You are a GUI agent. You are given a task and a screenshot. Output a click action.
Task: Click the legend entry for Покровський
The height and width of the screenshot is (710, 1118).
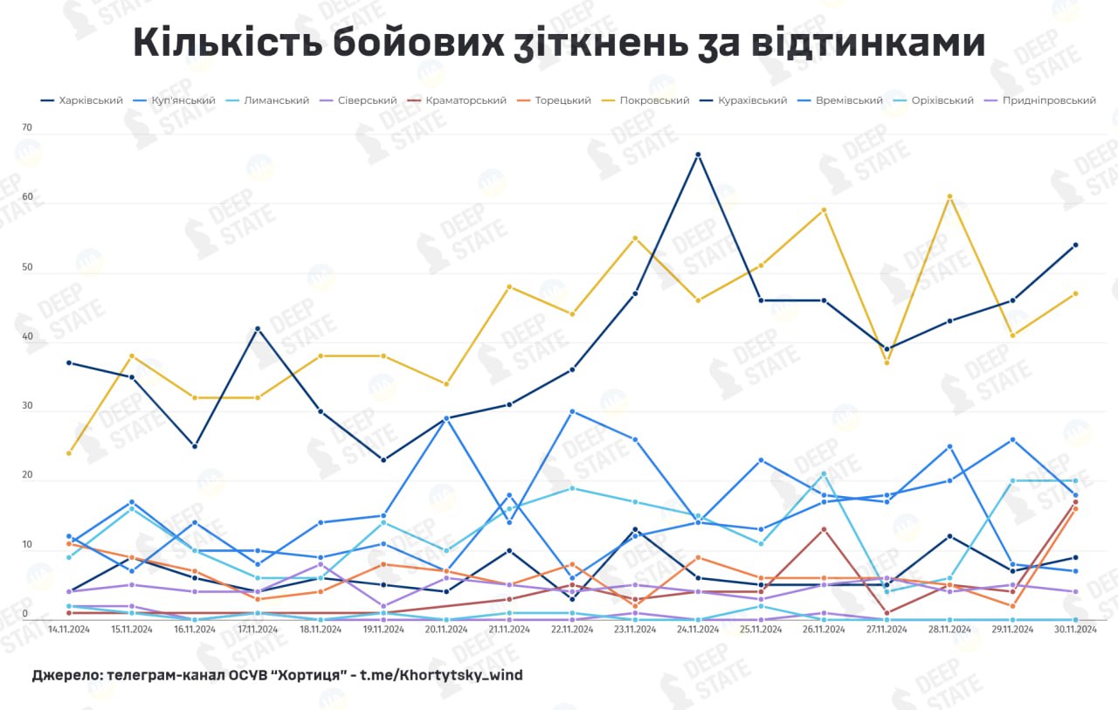tap(653, 100)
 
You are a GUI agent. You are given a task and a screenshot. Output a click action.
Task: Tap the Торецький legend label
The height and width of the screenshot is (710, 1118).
tap(562, 100)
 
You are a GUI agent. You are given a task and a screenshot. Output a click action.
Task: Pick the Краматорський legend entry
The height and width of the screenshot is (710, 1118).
tap(466, 100)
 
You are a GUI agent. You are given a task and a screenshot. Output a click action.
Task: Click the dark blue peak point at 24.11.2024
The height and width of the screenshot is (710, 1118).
tap(698, 155)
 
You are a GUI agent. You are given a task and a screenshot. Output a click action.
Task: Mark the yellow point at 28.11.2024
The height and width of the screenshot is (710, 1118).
tap(950, 196)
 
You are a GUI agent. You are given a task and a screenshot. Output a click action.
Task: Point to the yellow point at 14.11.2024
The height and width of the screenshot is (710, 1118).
tap(68, 453)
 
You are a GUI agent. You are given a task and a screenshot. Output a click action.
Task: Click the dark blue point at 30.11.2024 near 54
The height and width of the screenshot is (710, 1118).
tap(1075, 245)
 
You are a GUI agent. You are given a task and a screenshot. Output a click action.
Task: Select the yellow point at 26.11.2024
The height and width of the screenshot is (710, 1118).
tap(824, 210)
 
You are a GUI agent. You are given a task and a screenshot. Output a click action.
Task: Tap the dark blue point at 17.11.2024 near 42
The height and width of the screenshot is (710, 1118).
tap(258, 328)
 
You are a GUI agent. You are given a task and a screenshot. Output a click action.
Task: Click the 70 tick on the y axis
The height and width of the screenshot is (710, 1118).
tap(26, 128)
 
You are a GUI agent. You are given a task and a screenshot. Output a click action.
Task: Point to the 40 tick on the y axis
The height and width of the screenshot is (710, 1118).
tap(26, 337)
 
